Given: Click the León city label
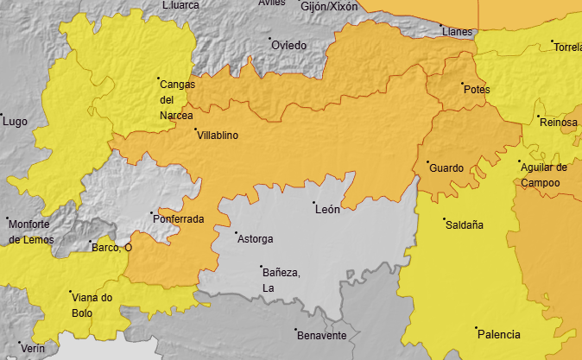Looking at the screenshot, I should coord(328,209).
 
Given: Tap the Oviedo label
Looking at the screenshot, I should coord(288,45).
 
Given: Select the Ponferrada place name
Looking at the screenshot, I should coord(178,219).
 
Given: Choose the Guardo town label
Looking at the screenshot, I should coord(446,167).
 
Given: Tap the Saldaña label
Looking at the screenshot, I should coord(464,224).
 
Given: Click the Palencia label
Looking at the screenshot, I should coord(498,334).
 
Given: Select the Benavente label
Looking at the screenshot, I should coord(321,335).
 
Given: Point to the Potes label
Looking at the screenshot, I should coord(476,90).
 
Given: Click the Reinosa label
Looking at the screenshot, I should coord(558,123).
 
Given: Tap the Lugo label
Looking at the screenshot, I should coord(16,122).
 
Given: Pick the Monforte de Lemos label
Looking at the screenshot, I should coord(29,231).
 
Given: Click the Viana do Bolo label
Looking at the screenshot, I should coord(92,305).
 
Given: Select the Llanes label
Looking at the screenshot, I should coord(457,32).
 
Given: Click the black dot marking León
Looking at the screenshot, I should coord(313,203).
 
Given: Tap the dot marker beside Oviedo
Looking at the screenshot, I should coord(269,39).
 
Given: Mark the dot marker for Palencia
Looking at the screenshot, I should coord(476,328).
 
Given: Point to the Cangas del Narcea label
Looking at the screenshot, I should coord(178,99).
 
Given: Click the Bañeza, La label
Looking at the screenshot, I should coord(281,280).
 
